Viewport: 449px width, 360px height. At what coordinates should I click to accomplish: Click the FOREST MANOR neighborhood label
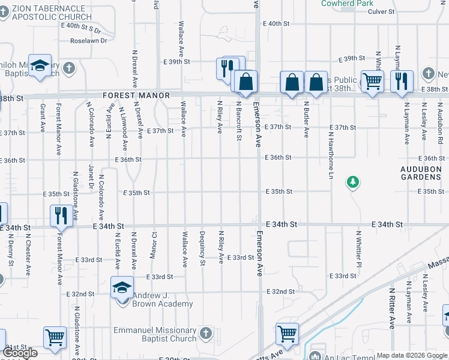point(136,95)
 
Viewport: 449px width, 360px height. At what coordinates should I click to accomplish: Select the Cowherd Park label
point(348,4)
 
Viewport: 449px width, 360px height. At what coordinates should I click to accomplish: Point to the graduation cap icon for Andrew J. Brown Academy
point(122,287)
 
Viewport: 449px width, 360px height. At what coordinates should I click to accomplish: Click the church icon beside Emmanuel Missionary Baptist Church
point(205,332)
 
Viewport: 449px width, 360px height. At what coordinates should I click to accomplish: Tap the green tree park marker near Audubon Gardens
point(354,181)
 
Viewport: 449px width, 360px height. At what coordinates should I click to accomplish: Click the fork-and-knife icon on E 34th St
point(61,215)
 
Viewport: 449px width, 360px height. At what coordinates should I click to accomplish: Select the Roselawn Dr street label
point(88,41)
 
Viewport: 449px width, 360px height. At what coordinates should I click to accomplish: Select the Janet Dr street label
point(91,176)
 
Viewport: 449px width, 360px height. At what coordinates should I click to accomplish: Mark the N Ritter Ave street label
point(392,307)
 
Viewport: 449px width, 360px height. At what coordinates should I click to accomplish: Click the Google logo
point(20,353)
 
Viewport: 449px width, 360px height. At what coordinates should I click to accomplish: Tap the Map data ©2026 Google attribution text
point(412,355)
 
